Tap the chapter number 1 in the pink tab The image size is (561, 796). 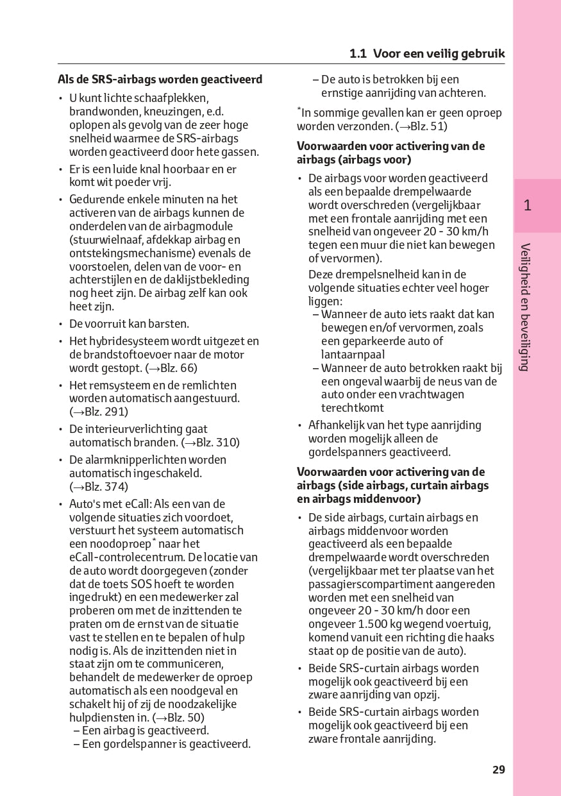click(x=527, y=206)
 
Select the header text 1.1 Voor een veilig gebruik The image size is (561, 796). click(x=427, y=54)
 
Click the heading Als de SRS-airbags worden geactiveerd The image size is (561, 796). click(x=160, y=80)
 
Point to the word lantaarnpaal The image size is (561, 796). click(x=353, y=354)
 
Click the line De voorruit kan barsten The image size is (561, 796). click(x=129, y=324)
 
